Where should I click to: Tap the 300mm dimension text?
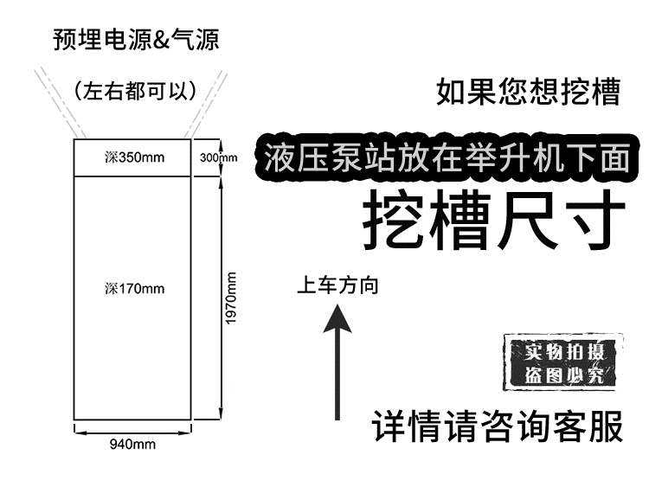[218, 157]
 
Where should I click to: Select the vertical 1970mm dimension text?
[231, 298]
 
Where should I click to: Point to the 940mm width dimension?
[132, 445]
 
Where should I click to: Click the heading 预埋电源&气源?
[136, 39]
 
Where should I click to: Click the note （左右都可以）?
[136, 89]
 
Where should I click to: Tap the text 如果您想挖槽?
[529, 92]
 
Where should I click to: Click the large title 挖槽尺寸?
[493, 220]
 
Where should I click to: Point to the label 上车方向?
[337, 285]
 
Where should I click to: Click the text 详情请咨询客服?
[498, 427]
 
